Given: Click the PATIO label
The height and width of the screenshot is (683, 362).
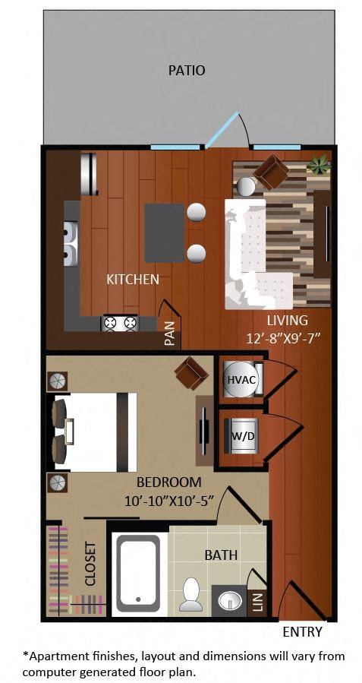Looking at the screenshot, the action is (x=187, y=71).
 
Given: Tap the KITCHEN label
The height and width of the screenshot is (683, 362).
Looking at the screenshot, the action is (x=133, y=280).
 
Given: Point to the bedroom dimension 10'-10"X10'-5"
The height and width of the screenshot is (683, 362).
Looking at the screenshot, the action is (x=170, y=501).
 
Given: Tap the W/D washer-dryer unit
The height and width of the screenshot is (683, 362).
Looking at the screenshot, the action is (x=241, y=436).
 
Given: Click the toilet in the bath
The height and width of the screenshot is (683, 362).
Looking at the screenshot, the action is (x=191, y=594).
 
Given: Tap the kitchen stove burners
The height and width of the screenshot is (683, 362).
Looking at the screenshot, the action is (x=120, y=323).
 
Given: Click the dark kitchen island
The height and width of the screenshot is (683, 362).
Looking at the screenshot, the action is (x=165, y=233).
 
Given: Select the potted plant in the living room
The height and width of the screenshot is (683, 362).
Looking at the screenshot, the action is (x=320, y=165).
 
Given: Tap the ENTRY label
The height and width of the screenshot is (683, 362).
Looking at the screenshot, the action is (x=303, y=631).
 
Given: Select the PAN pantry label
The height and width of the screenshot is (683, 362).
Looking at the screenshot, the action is (x=170, y=333).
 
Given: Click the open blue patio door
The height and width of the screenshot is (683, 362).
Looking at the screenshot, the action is (x=222, y=130).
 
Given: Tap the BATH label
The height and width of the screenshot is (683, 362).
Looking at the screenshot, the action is (x=221, y=555).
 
